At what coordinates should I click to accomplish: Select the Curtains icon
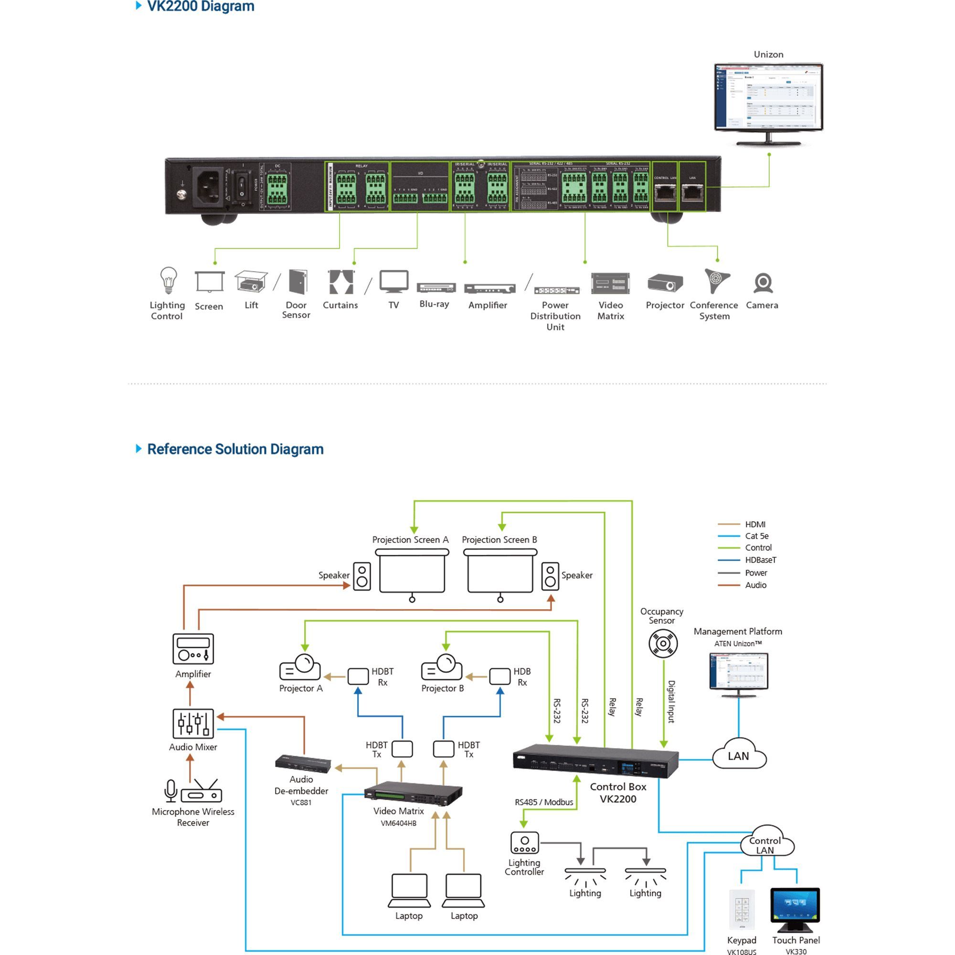341,282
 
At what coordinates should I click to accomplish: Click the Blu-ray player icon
436,287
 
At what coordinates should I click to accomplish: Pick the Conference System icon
716,281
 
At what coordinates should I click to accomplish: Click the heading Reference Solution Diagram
235,449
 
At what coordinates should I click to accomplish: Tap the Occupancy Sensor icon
663,644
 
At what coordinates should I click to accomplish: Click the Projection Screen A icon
412,573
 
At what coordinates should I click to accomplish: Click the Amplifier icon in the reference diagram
193,648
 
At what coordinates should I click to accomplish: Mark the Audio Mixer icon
193,723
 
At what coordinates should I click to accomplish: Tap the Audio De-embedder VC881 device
303,764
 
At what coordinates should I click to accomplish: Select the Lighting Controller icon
524,843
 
